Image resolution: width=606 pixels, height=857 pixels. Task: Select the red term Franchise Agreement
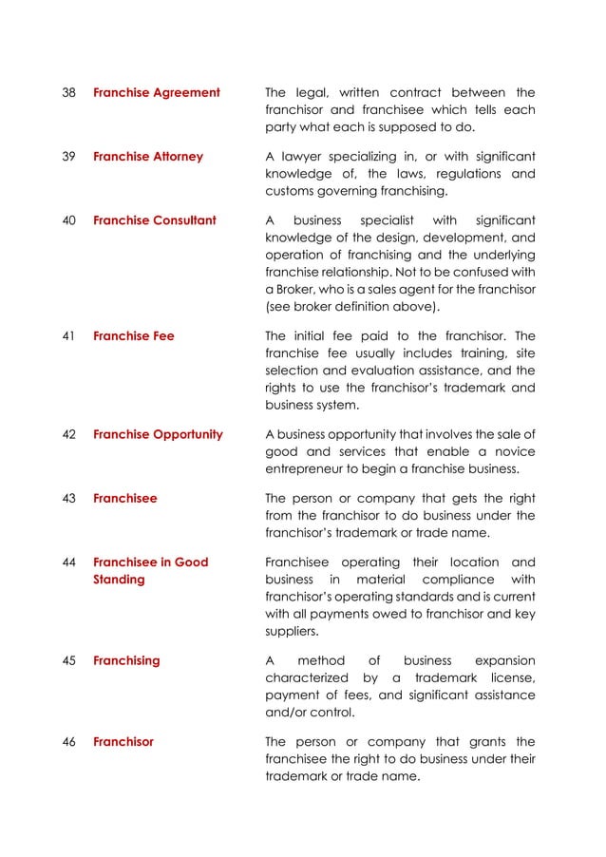157,93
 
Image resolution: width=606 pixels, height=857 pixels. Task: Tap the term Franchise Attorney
148,157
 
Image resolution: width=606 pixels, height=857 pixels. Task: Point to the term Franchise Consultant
155,220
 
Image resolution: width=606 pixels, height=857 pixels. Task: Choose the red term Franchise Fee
134,335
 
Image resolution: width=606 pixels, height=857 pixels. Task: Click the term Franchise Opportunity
159,434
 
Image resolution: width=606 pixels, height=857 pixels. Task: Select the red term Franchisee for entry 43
125,497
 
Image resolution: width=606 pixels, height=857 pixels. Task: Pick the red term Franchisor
123,741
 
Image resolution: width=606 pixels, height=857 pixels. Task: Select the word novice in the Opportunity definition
513,451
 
